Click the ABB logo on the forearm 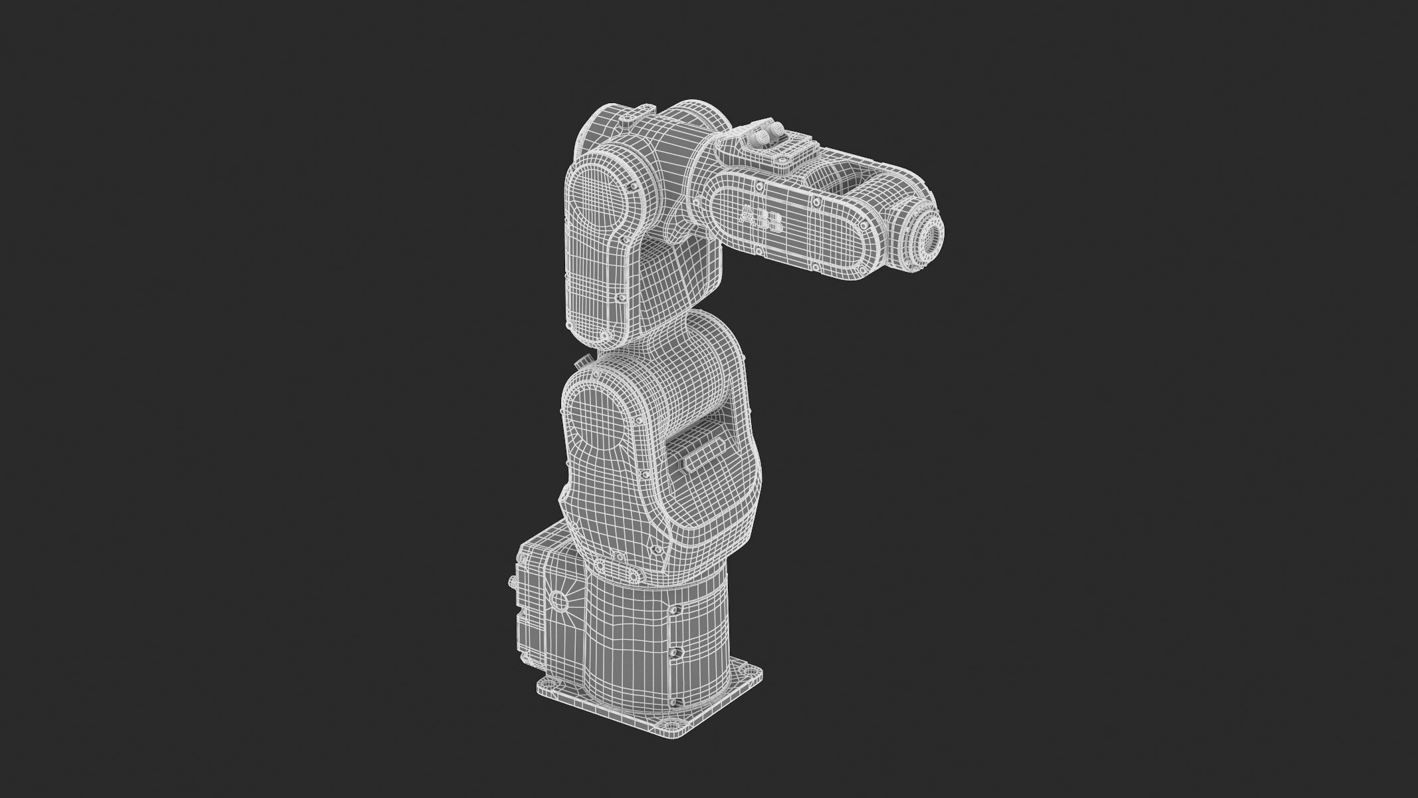pyautogui.click(x=761, y=220)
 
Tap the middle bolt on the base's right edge pyautogui.click(x=675, y=652)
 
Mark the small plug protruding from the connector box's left pyautogui.click(x=511, y=581)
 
